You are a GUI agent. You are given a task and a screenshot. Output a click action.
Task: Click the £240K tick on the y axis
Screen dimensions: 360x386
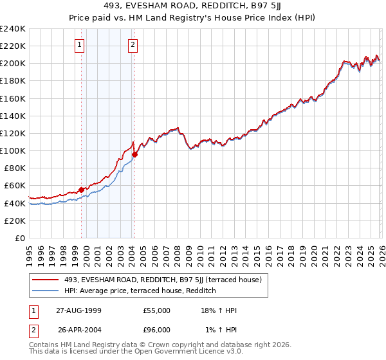click(13, 29)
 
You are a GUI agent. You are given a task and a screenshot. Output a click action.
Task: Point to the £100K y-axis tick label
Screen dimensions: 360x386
click(13, 150)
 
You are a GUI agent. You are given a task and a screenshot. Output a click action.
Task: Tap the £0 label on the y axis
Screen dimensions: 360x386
click(19, 238)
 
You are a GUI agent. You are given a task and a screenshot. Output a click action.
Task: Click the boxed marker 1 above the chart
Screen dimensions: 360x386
click(79, 45)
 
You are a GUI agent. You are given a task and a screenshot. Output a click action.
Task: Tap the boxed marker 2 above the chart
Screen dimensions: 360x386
click(133, 45)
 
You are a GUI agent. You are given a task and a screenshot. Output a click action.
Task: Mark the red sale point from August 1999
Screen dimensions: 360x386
click(82, 190)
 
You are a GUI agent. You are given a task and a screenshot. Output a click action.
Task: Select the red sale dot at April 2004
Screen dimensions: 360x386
click(134, 154)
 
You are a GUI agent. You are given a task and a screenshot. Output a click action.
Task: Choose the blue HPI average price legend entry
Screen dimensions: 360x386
click(138, 291)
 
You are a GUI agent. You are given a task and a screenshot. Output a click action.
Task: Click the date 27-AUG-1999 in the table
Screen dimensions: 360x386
click(78, 310)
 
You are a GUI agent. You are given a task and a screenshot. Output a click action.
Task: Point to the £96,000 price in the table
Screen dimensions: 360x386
click(157, 330)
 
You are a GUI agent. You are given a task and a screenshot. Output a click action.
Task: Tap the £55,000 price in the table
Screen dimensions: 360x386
click(157, 310)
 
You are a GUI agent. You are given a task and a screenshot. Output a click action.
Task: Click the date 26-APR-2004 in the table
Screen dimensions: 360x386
click(78, 330)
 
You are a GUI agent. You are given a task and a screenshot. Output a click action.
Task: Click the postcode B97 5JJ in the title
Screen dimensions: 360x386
click(250, 7)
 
